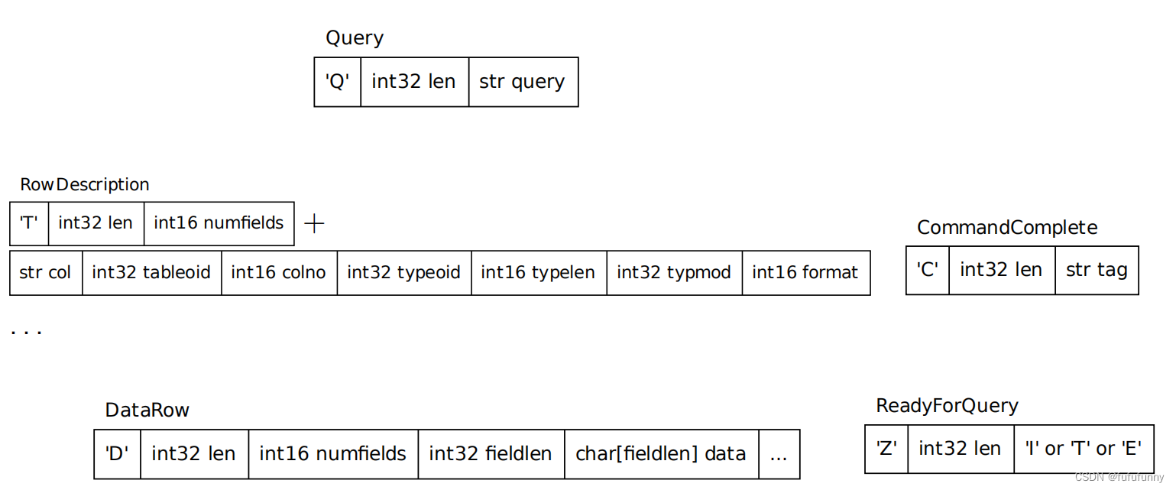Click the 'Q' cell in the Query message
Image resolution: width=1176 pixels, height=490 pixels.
337,82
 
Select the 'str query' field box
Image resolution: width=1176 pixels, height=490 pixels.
523,82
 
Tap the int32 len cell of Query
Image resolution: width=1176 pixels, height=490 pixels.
413,82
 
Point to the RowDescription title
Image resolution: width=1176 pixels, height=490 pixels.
85,185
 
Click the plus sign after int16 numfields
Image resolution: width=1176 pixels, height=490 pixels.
314,223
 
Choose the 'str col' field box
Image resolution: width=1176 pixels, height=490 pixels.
46,272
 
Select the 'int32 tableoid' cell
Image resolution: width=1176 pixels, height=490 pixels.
151,272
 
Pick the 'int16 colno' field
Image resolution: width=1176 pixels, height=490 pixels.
279,272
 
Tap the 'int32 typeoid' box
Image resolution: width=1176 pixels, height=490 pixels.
403,272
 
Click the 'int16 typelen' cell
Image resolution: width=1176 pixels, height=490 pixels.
538,272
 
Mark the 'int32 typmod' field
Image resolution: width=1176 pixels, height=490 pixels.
674,272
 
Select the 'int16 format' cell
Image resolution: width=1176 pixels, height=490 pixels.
805,272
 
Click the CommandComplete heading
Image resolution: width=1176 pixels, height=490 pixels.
1007,228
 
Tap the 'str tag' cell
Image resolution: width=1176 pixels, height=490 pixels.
1097,270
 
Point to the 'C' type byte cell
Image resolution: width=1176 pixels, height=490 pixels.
927,270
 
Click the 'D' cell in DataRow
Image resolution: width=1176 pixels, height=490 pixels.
117,454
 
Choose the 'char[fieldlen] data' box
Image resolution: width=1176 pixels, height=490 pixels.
661,454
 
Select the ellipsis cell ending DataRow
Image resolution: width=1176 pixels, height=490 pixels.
779,454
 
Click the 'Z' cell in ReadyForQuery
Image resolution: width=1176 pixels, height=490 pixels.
886,449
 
